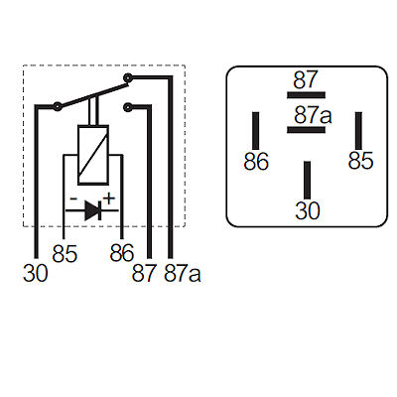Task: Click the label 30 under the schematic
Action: point(36,274)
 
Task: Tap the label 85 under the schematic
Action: point(65,254)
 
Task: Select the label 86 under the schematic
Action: point(122,253)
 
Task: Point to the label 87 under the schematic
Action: point(144,273)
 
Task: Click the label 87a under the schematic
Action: point(183,273)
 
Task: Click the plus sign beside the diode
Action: point(109,198)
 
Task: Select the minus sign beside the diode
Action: point(73,199)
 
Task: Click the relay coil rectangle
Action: point(93,155)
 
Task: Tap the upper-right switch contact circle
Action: point(128,78)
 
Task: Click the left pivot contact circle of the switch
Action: point(58,106)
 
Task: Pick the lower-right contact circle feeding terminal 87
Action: point(128,107)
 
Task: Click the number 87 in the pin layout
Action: point(306,79)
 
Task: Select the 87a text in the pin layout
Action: point(313,115)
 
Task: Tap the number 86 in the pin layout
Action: point(256,162)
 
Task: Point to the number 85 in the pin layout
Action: point(360,161)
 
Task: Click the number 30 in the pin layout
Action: point(308,210)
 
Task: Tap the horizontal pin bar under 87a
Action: point(306,130)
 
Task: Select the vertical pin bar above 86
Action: point(256,131)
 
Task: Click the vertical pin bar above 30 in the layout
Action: point(308,181)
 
